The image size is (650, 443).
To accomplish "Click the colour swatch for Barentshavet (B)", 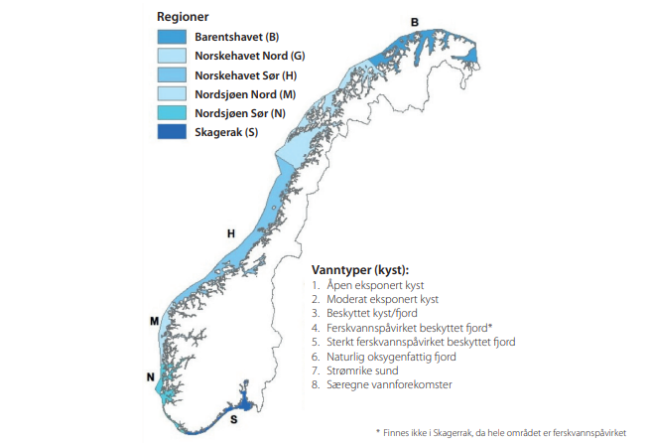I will [x=172, y=37].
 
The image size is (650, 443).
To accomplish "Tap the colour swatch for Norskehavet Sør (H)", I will [x=172, y=74].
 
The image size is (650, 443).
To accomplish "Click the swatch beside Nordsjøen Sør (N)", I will [x=172, y=112].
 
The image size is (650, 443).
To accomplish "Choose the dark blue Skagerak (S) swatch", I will [x=172, y=131].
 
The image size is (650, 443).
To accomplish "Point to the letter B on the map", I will [x=415, y=22].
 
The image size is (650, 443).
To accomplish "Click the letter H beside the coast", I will [x=230, y=233].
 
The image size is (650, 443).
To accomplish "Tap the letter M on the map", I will [x=154, y=321].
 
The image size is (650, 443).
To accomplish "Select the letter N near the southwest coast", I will [x=150, y=376].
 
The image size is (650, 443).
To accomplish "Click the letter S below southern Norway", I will [x=233, y=418].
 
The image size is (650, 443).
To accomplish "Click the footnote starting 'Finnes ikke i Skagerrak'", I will [x=508, y=432].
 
